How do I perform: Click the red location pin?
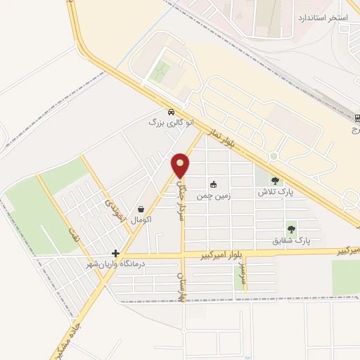181,166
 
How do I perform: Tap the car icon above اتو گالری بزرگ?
171,112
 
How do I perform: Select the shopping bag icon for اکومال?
141,210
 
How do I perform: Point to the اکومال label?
141,220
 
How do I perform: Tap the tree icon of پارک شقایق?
290,229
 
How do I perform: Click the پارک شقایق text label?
291,240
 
